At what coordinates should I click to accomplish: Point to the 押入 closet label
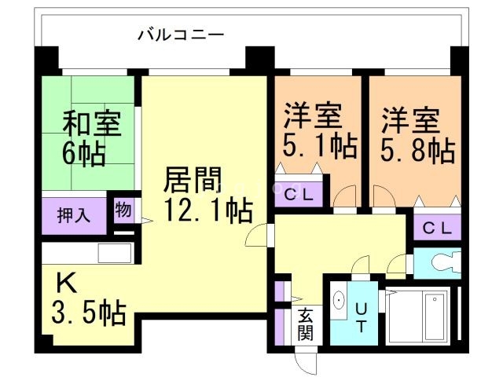click(x=75, y=214)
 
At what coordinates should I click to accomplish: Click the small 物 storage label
click(x=123, y=210)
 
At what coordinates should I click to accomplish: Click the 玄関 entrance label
click(x=306, y=324)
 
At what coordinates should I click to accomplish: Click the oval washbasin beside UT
click(x=340, y=301)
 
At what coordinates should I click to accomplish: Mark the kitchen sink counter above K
click(x=86, y=254)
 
